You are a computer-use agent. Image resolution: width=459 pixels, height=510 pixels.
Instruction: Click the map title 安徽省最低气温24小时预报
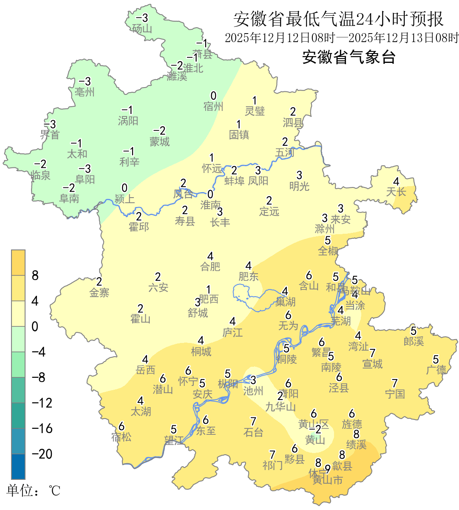[x=338, y=19]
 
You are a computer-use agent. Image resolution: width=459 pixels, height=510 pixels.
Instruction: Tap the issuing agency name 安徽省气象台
[x=349, y=57]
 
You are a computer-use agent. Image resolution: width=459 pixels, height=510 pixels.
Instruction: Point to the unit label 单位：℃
[x=34, y=490]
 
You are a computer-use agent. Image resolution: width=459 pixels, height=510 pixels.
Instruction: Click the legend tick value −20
[x=42, y=454]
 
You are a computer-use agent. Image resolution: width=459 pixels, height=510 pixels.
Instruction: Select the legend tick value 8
[x=35, y=275]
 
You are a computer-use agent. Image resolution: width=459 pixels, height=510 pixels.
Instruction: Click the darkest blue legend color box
[x=18, y=467]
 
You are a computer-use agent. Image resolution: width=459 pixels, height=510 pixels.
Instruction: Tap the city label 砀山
[x=142, y=28]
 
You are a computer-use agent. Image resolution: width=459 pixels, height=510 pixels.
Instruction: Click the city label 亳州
[x=85, y=92]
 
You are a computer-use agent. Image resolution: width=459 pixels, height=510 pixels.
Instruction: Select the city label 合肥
[x=210, y=266]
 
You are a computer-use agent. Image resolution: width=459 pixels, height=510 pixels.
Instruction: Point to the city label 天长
[x=396, y=192]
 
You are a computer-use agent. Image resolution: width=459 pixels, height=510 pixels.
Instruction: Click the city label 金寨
[x=99, y=292]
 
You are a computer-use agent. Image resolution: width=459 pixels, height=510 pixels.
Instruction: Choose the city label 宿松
[x=122, y=437]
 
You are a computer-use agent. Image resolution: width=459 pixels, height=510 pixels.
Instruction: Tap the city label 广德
[x=436, y=370]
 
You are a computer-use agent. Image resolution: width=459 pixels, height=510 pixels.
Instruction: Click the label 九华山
[x=280, y=407]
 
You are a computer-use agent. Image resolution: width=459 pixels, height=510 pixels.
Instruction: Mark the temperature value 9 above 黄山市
[x=327, y=469]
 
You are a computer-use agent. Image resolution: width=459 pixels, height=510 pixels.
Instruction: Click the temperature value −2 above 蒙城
[x=159, y=131]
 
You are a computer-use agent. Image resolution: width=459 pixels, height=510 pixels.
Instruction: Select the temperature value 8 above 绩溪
[x=356, y=434]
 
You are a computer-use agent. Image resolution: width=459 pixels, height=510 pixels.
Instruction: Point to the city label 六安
[x=158, y=288]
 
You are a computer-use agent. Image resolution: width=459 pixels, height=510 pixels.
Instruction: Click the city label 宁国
[x=395, y=394]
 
